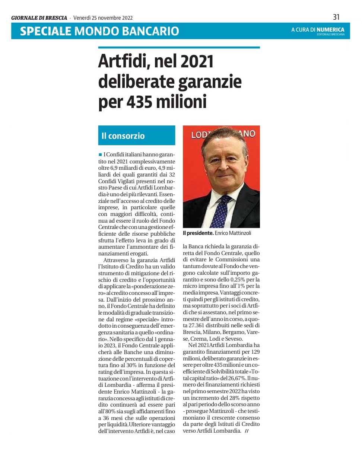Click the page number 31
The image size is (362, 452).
tap(336, 17)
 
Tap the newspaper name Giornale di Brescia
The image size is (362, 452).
tap(39, 17)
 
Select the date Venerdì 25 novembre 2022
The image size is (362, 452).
tap(103, 17)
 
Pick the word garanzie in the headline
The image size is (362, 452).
tap(210, 82)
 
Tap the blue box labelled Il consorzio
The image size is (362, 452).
tap(136, 136)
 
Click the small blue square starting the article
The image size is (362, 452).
tap(100, 154)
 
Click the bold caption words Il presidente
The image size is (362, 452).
tap(198, 233)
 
